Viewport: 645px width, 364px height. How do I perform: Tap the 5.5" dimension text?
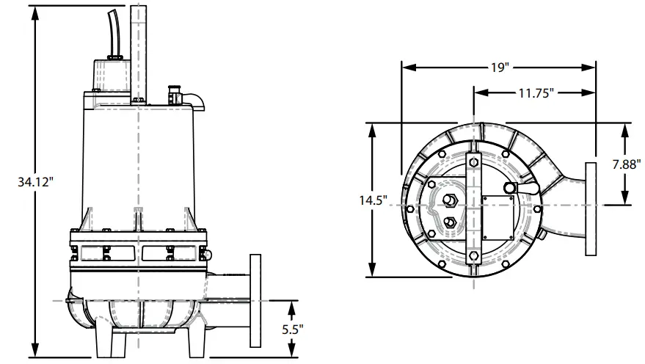click(x=292, y=330)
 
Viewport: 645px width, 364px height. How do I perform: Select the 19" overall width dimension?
click(x=500, y=68)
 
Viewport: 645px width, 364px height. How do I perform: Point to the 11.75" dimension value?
click(x=535, y=93)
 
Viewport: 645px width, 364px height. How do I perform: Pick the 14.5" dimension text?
click(x=374, y=200)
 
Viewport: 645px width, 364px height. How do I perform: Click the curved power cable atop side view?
click(x=114, y=33)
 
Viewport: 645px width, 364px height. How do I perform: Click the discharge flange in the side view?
click(x=255, y=301)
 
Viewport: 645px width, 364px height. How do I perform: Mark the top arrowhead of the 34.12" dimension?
click(x=34, y=8)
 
